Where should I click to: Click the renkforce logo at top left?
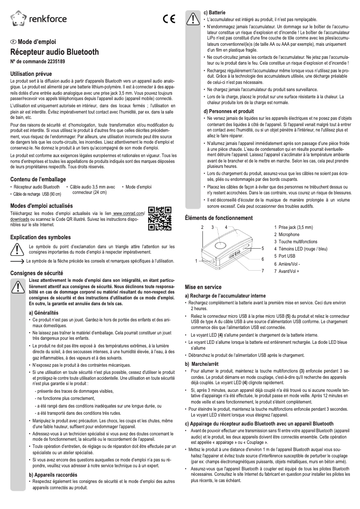pos(38,18)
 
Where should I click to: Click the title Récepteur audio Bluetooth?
pos(54,52)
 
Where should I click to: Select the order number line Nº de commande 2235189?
pos(37,61)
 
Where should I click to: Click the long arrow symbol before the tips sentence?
pos(17,261)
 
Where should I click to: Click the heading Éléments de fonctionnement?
pos(219,218)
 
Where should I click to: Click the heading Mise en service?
pos(203,287)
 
